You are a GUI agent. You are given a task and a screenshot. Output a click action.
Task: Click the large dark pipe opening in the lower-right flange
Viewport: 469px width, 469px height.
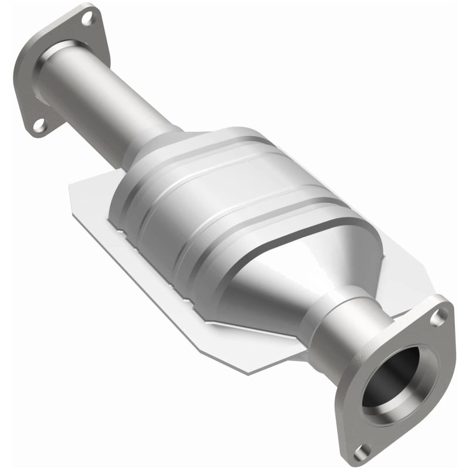tap(392, 378)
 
